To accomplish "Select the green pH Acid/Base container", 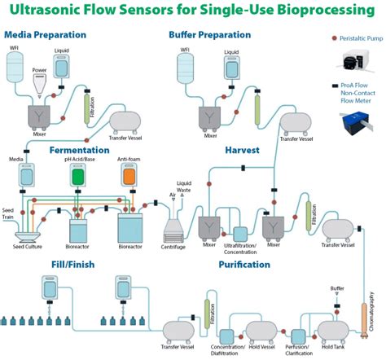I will (x=77, y=176).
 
